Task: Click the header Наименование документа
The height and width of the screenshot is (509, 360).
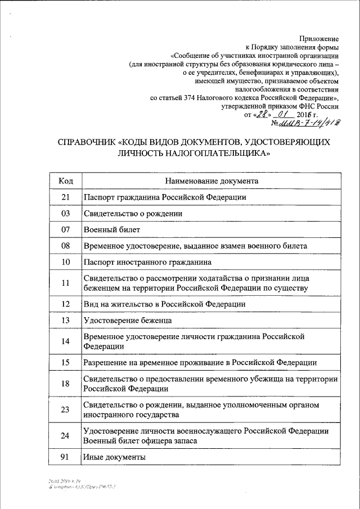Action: pos(211,181)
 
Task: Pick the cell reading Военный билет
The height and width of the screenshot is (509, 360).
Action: pos(108,230)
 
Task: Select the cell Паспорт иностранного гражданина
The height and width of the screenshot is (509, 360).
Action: pos(147,262)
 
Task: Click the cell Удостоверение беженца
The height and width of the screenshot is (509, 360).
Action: pos(127,320)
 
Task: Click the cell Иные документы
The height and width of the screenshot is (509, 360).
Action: pos(114,457)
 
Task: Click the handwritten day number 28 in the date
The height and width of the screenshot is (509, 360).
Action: pos(260,114)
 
